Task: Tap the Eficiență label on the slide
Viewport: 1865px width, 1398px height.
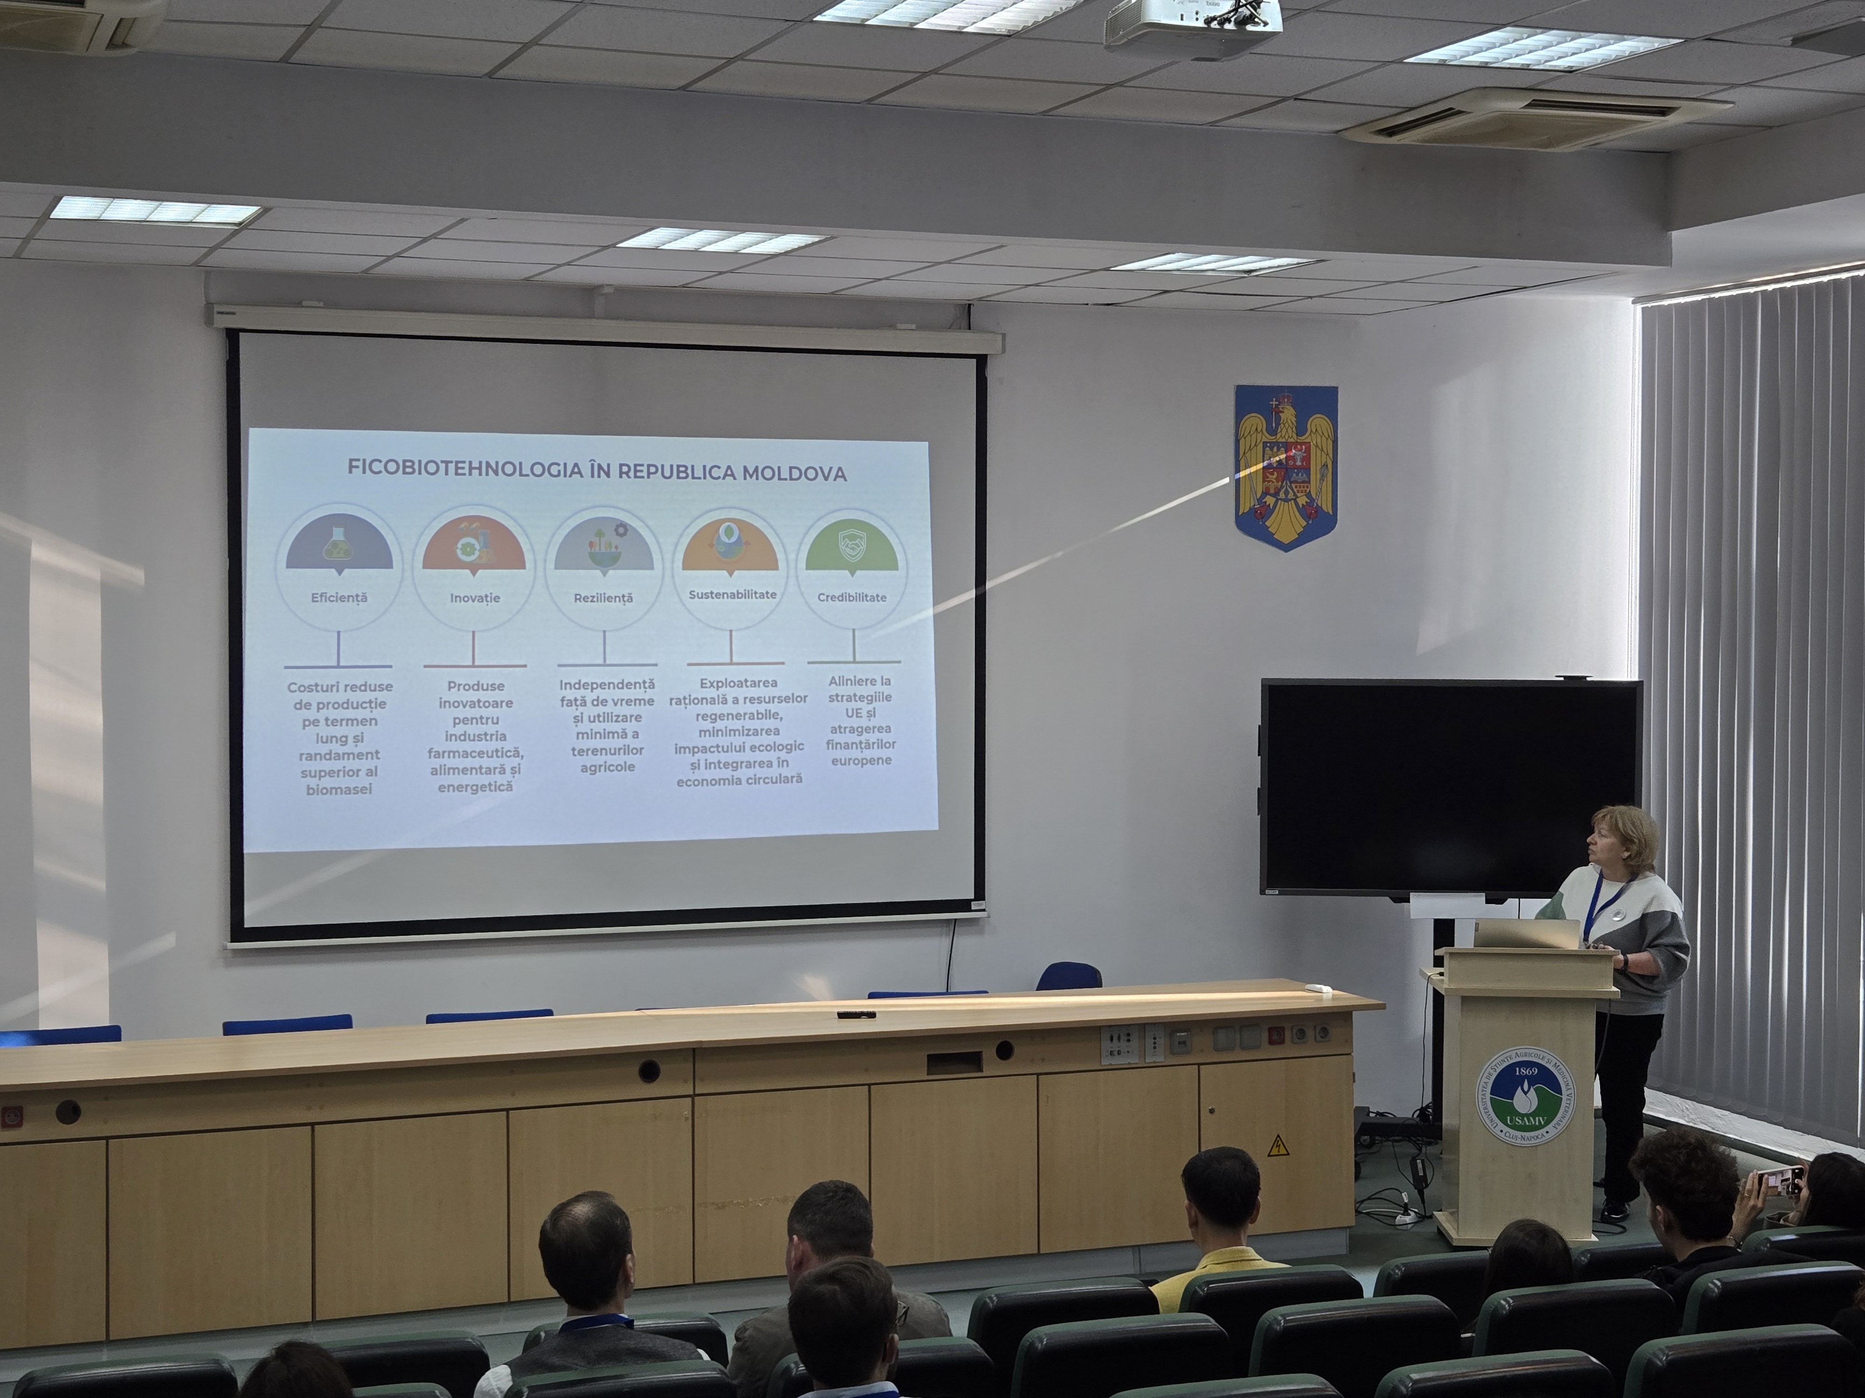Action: [339, 597]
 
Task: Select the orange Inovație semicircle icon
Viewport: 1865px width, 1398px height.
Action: [474, 548]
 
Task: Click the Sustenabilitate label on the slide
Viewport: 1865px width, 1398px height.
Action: [732, 594]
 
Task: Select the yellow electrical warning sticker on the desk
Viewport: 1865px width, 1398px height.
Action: [1278, 1146]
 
